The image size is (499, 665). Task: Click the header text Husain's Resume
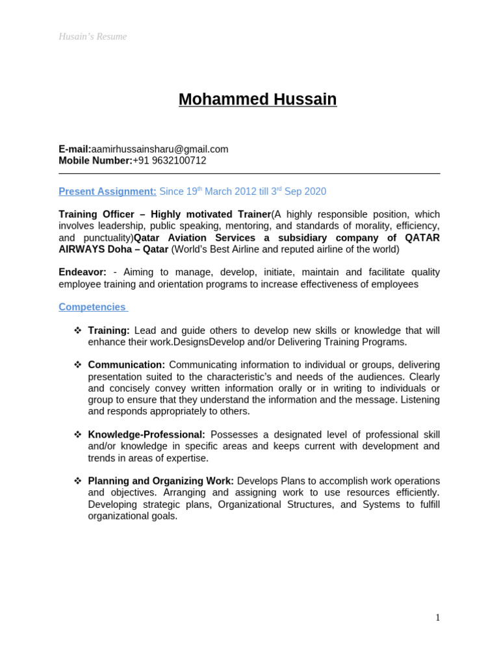click(x=92, y=36)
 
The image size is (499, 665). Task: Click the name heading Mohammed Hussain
click(x=257, y=99)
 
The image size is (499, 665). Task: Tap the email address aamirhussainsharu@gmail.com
click(x=160, y=149)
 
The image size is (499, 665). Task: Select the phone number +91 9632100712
click(x=170, y=160)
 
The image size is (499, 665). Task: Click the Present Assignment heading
click(x=107, y=192)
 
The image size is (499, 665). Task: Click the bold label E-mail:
click(x=75, y=149)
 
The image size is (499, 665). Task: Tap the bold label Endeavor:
click(x=83, y=272)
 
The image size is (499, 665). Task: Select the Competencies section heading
click(x=92, y=307)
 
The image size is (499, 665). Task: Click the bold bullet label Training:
click(x=109, y=331)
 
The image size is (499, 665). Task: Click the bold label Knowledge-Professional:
click(x=146, y=434)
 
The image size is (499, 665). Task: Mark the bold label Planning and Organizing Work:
click(x=160, y=481)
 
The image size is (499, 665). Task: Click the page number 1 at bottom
click(x=437, y=618)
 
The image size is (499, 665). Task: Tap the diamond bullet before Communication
click(x=77, y=365)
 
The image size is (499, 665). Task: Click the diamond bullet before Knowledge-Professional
click(x=77, y=434)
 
